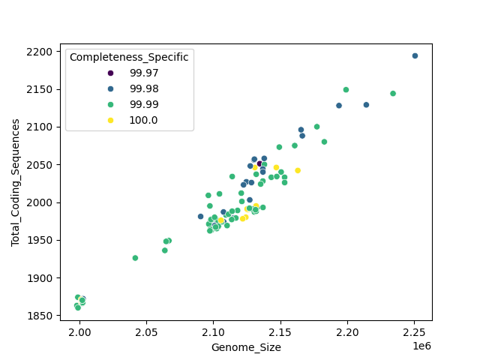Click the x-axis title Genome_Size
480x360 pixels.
pos(247,347)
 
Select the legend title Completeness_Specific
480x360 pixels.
pos(129,57)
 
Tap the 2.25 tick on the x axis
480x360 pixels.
pos(415,331)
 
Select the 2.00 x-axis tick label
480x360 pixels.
pos(79,331)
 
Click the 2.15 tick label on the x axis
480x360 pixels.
pos(280,331)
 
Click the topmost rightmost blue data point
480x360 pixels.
pos(415,56)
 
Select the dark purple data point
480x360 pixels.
pos(259,163)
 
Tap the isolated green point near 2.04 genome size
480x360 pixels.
pos(135,258)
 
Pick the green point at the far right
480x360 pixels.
pos(393,94)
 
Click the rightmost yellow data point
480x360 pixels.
pos(298,170)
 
